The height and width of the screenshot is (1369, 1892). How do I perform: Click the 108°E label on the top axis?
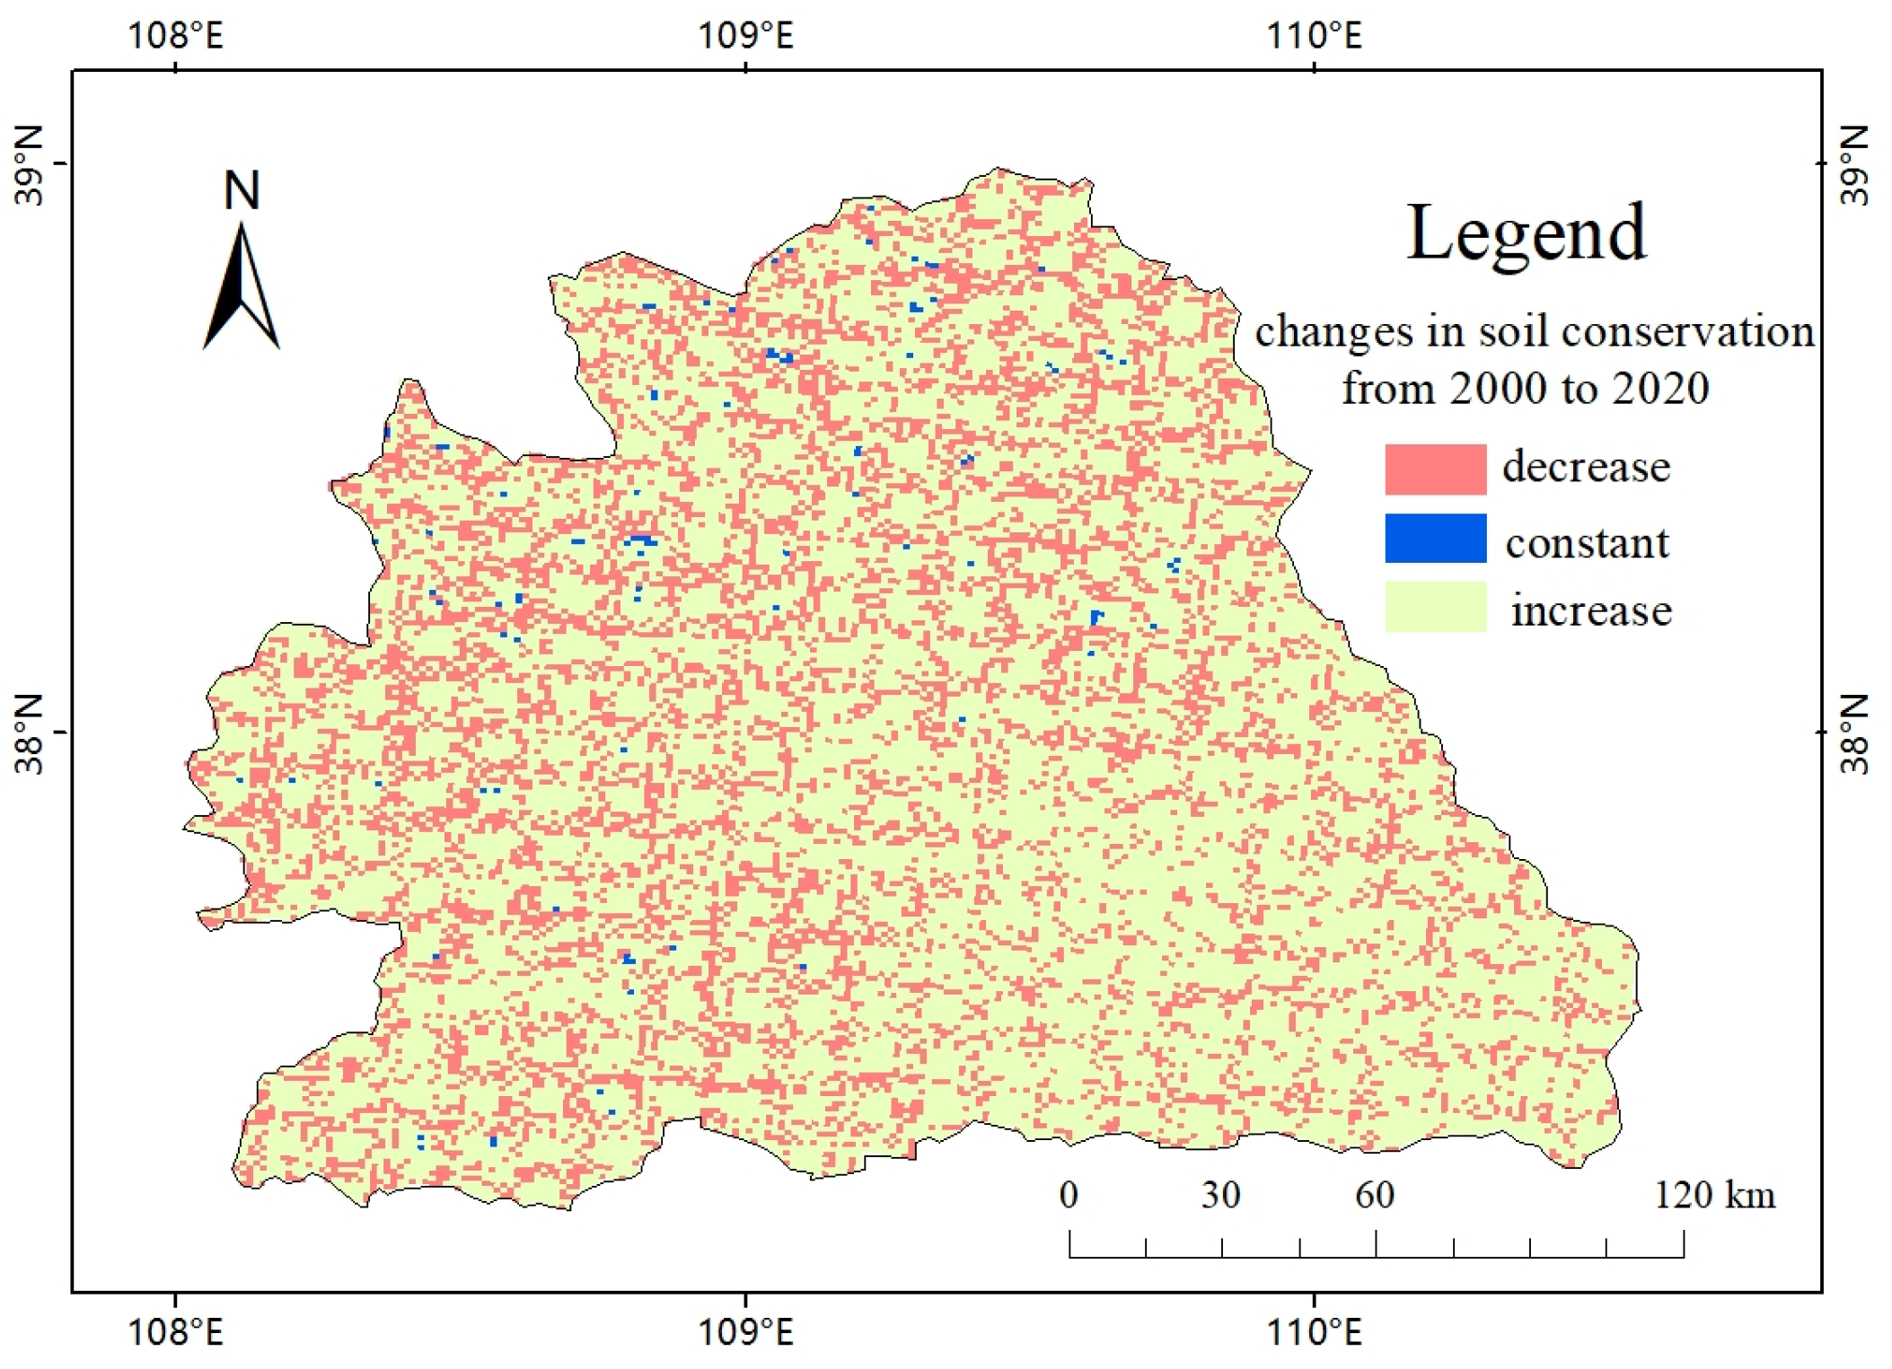[x=175, y=36]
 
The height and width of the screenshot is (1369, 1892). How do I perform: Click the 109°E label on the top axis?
[x=745, y=36]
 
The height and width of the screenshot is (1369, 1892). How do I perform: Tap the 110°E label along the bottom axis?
[x=1314, y=1332]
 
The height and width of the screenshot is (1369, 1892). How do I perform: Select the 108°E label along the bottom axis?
[x=175, y=1332]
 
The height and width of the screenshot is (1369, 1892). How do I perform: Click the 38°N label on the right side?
[x=1853, y=733]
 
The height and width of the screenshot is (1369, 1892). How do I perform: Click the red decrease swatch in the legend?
[x=1434, y=469]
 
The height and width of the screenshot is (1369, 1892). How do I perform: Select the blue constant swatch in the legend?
[x=1434, y=538]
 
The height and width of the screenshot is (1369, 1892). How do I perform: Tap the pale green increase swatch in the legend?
[x=1434, y=607]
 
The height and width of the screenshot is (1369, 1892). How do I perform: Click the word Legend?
[x=1526, y=233]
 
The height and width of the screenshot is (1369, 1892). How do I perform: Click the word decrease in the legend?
[x=1586, y=467]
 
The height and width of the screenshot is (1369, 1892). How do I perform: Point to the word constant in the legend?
[x=1587, y=543]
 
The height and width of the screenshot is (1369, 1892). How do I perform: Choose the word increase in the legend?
[x=1590, y=610]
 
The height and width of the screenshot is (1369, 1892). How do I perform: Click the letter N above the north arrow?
[x=242, y=190]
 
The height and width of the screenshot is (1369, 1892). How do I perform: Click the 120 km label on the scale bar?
[x=1714, y=1195]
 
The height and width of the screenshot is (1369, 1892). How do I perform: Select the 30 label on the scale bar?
[x=1221, y=1195]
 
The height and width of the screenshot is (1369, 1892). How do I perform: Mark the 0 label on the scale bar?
[x=1069, y=1195]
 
